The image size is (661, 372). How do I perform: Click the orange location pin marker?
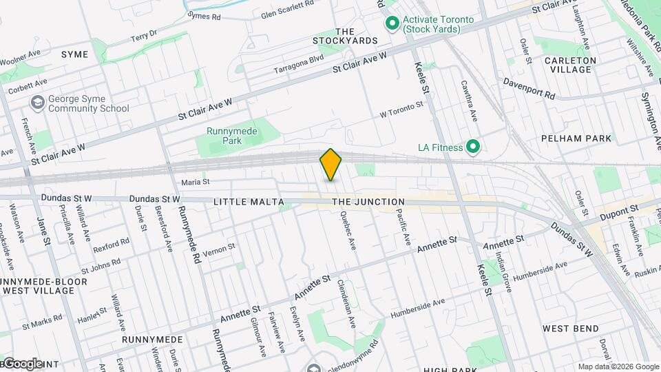pos(330,164)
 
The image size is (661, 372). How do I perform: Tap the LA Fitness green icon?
pos(473,147)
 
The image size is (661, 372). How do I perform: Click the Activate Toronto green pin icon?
pos(392,24)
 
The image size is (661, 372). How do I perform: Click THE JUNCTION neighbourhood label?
pos(368,202)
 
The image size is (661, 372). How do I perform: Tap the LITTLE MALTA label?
pos(248,202)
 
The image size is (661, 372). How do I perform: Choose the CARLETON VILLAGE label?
pos(570,65)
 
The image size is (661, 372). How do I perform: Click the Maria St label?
pos(195,182)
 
